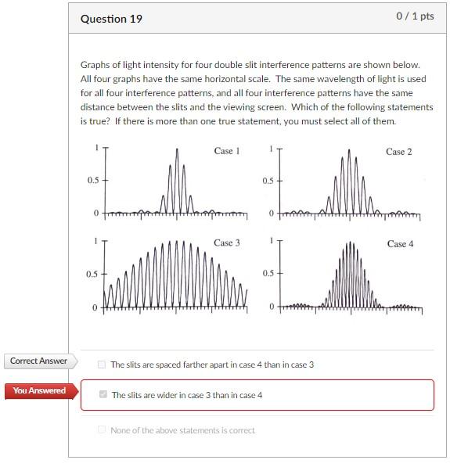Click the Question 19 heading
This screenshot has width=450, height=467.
[111, 19]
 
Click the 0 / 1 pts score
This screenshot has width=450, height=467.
[414, 16]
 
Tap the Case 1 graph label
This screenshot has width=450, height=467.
[226, 150]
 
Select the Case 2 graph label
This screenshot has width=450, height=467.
[399, 151]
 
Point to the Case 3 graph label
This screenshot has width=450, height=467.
[226, 242]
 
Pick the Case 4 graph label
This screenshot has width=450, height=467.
[400, 243]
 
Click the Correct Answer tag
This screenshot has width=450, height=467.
[38, 361]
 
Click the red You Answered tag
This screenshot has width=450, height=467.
[39, 391]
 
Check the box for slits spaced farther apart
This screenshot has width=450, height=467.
[102, 365]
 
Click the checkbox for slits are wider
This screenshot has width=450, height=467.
[103, 395]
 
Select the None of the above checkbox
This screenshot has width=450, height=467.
[102, 429]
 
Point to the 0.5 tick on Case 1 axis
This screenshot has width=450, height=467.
[93, 180]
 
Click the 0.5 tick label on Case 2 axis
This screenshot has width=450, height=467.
[268, 181]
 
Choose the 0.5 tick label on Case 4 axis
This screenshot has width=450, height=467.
[268, 273]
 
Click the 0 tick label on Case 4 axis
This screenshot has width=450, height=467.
[272, 307]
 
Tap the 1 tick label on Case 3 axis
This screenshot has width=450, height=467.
[97, 241]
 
